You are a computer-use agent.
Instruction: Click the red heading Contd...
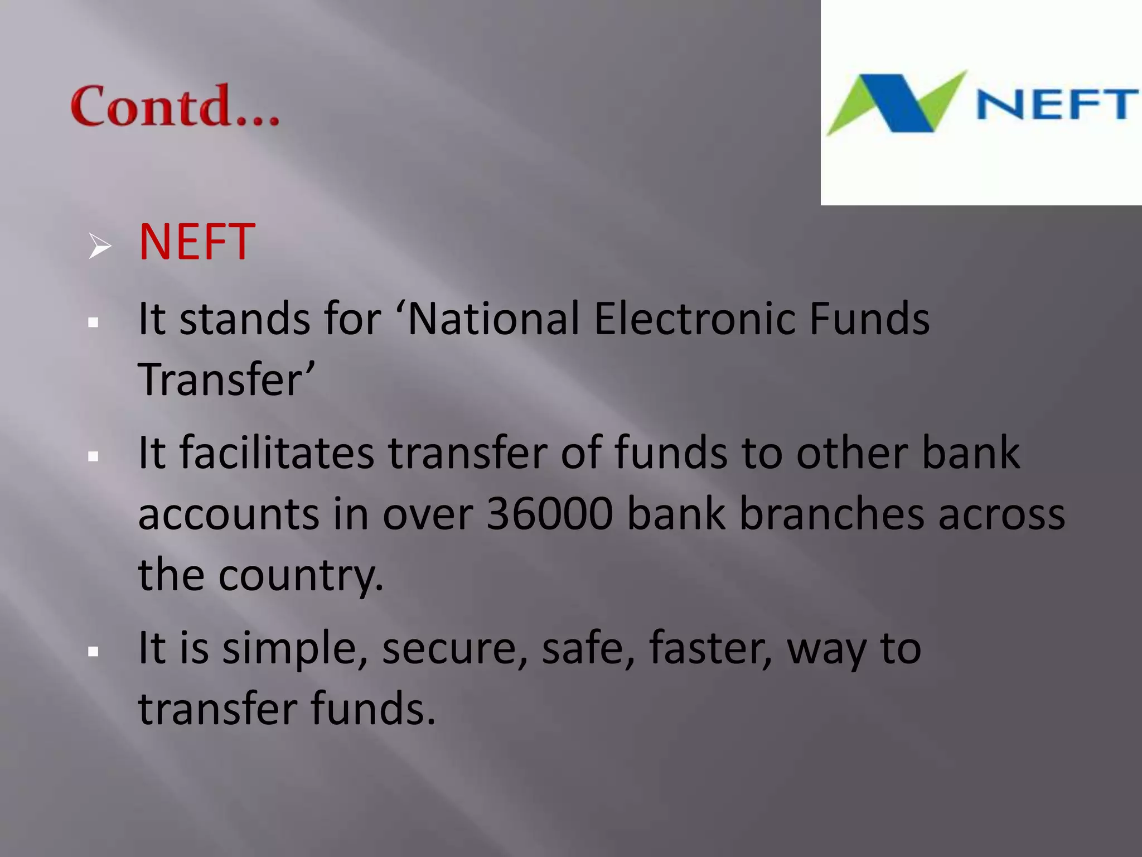pos(175,105)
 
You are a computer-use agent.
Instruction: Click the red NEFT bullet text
pos(196,242)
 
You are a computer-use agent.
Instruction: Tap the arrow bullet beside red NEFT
pos(100,246)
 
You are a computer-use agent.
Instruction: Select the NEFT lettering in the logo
pos(1057,104)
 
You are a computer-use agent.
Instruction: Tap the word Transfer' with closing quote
pos(226,379)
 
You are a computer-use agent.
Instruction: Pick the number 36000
pos(549,514)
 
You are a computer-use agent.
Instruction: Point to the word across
pos(1001,515)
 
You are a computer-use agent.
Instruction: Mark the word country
pos(301,576)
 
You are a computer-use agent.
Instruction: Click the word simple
pos(294,649)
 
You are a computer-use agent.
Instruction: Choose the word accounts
pos(229,515)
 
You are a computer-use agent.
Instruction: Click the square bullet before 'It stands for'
pos(94,322)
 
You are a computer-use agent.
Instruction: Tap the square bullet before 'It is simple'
pos(94,652)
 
